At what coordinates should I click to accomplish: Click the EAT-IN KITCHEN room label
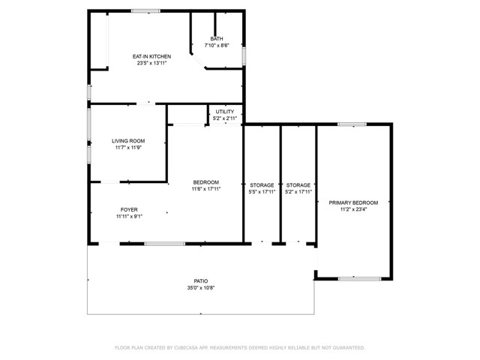(x=151, y=56)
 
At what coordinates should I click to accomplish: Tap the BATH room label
(x=216, y=38)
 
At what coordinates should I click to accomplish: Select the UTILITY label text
(x=224, y=112)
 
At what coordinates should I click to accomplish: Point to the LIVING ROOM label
(x=128, y=140)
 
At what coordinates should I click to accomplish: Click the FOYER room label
(x=129, y=209)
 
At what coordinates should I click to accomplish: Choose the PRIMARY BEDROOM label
(x=352, y=202)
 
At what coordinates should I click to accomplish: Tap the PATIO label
(x=200, y=280)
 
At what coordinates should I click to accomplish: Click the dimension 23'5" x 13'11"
(x=151, y=64)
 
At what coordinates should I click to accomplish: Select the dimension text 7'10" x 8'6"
(x=216, y=46)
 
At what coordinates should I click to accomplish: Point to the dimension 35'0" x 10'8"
(x=200, y=288)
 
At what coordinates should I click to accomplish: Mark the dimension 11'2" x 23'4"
(x=352, y=210)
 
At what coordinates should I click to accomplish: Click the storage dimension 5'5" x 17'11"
(x=262, y=192)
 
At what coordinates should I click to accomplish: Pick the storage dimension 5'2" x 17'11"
(x=298, y=192)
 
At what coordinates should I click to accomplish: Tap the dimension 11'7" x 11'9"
(x=128, y=148)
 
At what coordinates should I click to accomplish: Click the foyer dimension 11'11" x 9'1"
(x=129, y=217)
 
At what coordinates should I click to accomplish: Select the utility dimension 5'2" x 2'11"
(x=224, y=118)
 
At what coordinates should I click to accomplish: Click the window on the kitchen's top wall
(x=145, y=10)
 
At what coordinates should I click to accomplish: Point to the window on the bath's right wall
(x=244, y=54)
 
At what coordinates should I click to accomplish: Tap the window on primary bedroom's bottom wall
(x=353, y=279)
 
